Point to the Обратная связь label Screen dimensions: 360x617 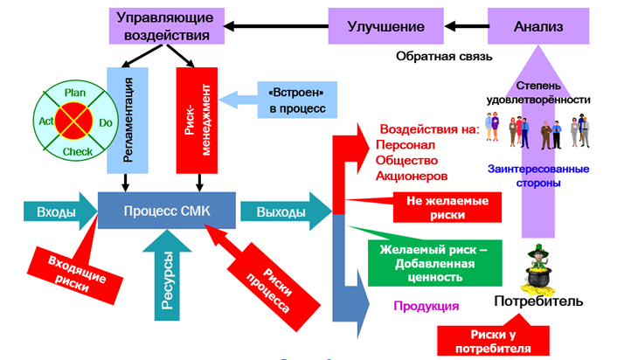(x=444, y=56)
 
